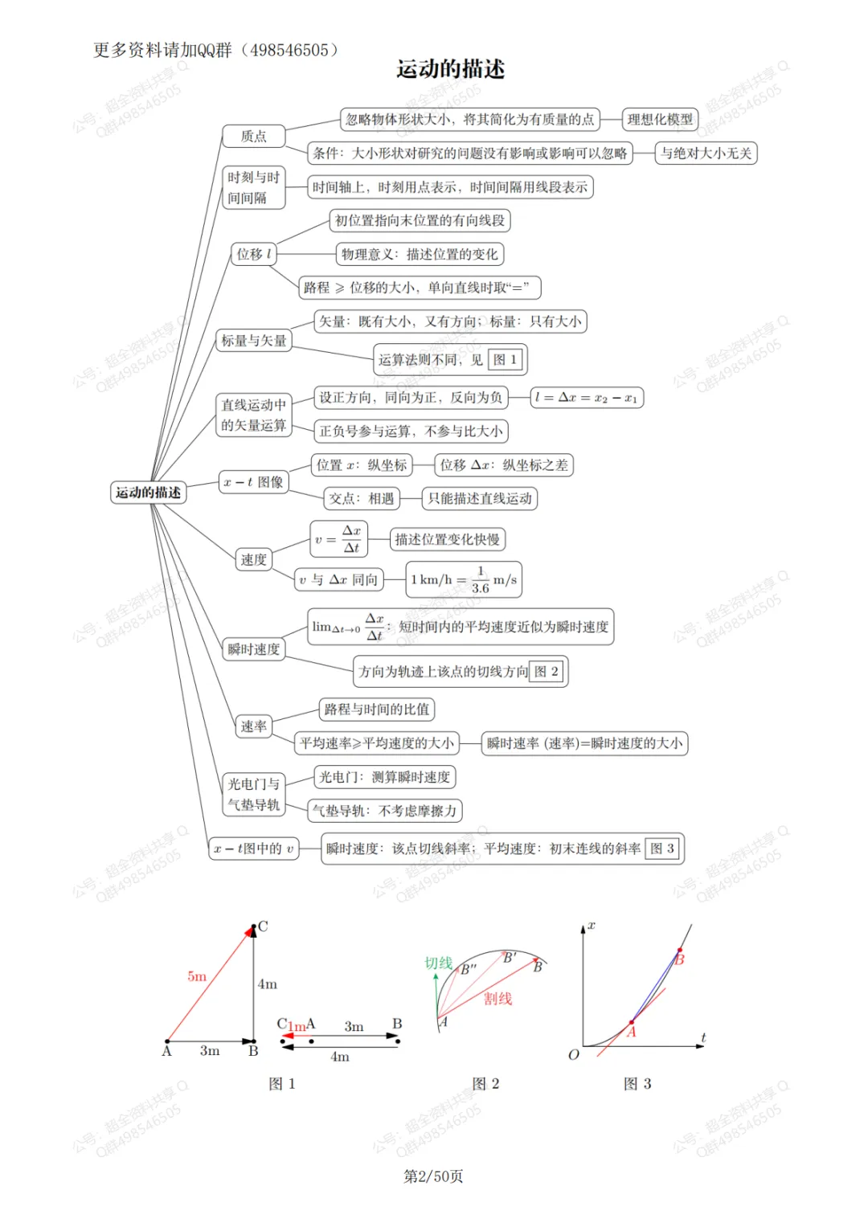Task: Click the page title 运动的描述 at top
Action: pyautogui.click(x=450, y=69)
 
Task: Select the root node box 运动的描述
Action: pyautogui.click(x=148, y=493)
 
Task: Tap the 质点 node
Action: pyautogui.click(x=253, y=137)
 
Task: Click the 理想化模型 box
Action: pyautogui.click(x=660, y=120)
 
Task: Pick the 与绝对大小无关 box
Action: pyautogui.click(x=706, y=153)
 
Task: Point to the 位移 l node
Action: pyautogui.click(x=253, y=254)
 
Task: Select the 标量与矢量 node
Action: pyautogui.click(x=253, y=341)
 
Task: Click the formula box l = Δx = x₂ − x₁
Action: pyautogui.click(x=587, y=398)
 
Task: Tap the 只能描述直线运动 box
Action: pyautogui.click(x=480, y=498)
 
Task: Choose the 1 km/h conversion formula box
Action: pyautogui.click(x=464, y=579)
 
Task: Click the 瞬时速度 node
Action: pyautogui.click(x=253, y=649)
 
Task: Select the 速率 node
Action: pyautogui.click(x=253, y=726)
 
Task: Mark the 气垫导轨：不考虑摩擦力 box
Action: pyautogui.click(x=385, y=811)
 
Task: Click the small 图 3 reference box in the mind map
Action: pyautogui.click(x=662, y=849)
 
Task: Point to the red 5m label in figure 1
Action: pyautogui.click(x=197, y=976)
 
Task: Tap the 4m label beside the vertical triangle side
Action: pyautogui.click(x=268, y=984)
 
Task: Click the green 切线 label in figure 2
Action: pyautogui.click(x=439, y=963)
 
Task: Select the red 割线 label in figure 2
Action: pyautogui.click(x=497, y=999)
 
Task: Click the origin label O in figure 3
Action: pyautogui.click(x=573, y=1055)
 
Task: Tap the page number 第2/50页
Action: pyautogui.click(x=433, y=1176)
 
